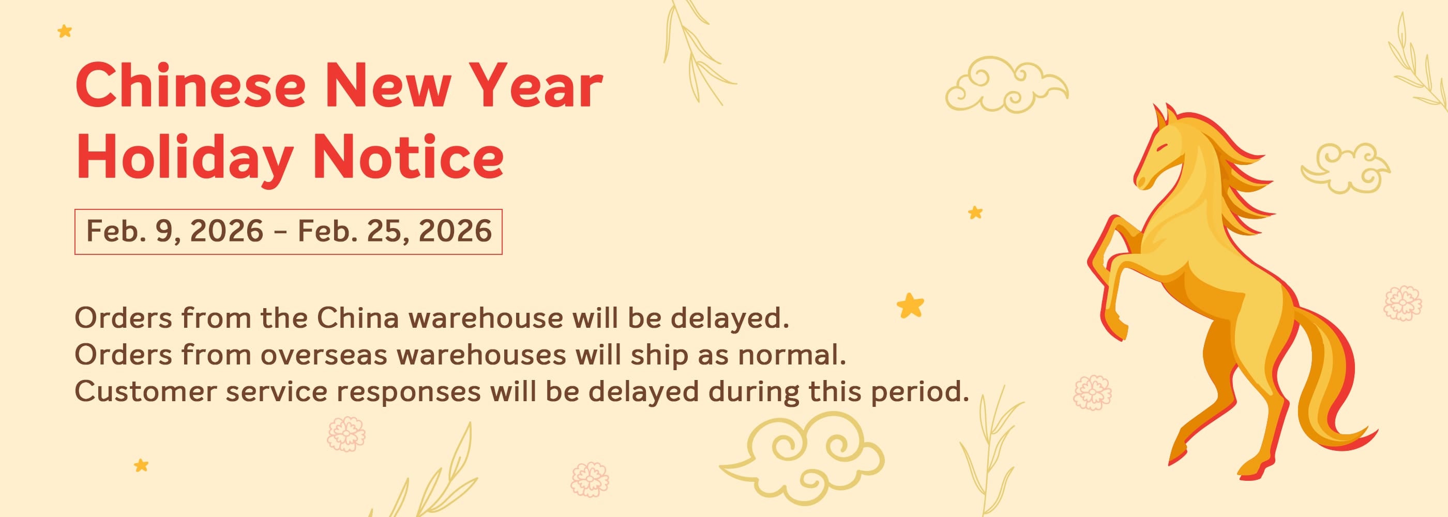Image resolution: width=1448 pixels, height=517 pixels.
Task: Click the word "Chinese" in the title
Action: point(190,85)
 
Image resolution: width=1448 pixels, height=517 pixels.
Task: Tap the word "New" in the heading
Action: point(388,85)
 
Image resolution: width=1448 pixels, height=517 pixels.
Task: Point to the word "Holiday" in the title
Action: point(185,158)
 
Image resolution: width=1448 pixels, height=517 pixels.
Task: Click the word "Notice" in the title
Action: point(408,157)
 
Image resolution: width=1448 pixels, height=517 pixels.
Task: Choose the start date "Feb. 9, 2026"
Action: point(175,231)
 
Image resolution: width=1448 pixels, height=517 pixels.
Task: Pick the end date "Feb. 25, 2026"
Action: point(395,231)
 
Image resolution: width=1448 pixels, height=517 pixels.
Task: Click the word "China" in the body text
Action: point(358,318)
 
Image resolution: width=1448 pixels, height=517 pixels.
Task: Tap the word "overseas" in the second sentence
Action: point(324,355)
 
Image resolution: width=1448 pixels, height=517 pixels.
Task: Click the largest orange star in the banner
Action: point(911,306)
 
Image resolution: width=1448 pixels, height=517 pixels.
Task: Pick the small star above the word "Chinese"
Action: point(65,31)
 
